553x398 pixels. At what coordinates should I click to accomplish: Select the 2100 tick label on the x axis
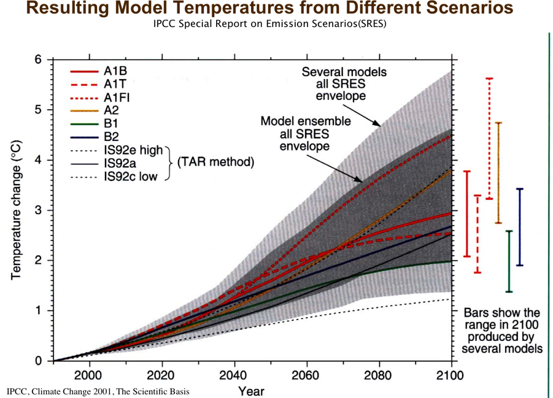[451, 375]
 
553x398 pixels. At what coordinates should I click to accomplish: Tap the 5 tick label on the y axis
[38, 110]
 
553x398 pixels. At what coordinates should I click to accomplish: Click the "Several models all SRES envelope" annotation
[344, 84]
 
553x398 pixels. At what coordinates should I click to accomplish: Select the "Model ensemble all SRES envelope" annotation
[305, 133]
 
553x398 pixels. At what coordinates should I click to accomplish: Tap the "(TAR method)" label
[212, 163]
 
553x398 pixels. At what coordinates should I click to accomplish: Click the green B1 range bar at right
[509, 261]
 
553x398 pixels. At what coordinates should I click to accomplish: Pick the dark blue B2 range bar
[520, 227]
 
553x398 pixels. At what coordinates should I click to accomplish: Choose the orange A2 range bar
[498, 172]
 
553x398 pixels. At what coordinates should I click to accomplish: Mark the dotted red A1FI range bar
[489, 138]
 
